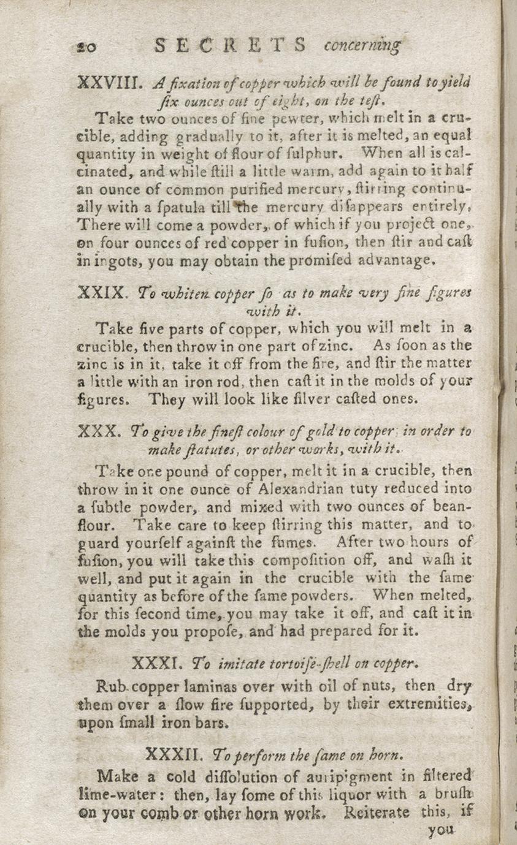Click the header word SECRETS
[x=231, y=46]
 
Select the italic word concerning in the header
[x=361, y=46]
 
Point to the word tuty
[x=364, y=488]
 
